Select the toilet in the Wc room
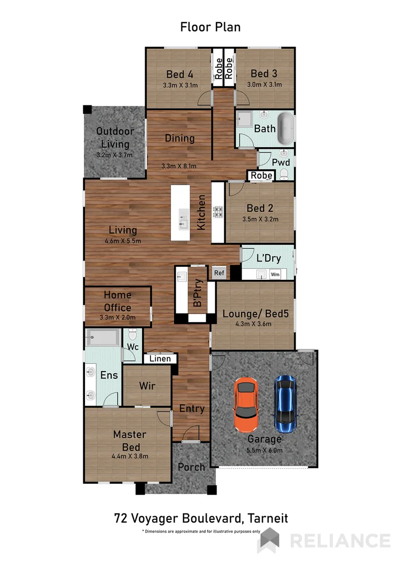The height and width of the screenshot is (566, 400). coord(133,335)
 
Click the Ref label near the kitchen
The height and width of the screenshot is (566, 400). coord(218,273)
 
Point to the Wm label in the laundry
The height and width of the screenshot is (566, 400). coord(275,274)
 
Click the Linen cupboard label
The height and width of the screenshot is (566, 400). coord(160,358)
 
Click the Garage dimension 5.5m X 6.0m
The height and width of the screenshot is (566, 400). coord(264,450)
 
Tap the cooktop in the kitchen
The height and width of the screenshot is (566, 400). coord(218,212)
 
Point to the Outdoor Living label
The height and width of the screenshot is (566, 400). coord(115,137)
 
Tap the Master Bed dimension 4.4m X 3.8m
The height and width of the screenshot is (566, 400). coord(130,456)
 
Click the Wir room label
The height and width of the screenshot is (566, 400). coord(147,386)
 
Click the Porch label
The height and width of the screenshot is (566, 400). coord(191,467)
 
